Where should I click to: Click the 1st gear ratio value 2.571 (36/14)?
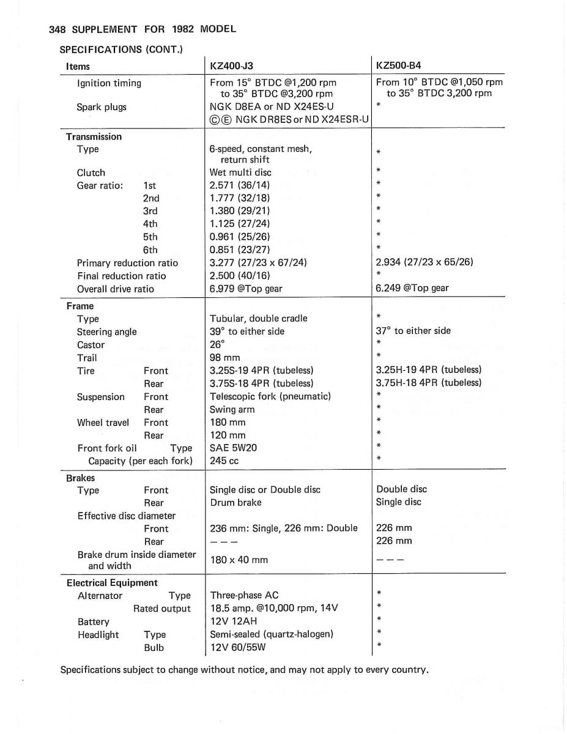click(239, 185)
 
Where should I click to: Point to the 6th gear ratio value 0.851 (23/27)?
click(239, 250)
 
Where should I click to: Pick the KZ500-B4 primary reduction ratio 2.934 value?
click(424, 262)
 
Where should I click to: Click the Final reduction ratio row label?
click(121, 276)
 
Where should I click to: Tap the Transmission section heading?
click(94, 136)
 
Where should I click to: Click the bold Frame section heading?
click(80, 306)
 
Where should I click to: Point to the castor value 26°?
click(217, 344)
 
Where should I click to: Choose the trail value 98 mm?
click(224, 357)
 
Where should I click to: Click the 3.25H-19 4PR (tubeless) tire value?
click(428, 370)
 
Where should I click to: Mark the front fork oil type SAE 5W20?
click(233, 448)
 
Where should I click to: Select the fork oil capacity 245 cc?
click(224, 461)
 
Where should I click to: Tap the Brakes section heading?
click(81, 478)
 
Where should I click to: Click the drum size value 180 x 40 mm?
click(238, 560)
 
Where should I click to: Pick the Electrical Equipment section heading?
click(112, 583)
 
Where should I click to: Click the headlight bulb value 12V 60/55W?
click(238, 647)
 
